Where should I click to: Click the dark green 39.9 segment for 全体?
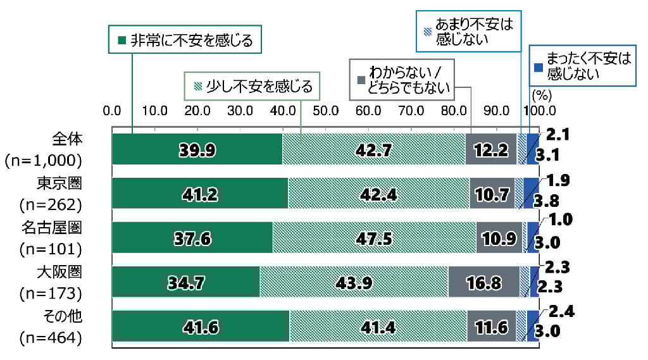[197, 149]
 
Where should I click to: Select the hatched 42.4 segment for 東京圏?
[378, 194]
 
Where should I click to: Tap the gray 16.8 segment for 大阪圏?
[483, 282]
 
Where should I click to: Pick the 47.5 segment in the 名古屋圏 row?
[374, 238]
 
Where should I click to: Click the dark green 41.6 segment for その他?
[200, 326]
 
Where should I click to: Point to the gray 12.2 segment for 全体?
[491, 149]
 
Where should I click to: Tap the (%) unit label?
[543, 96]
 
